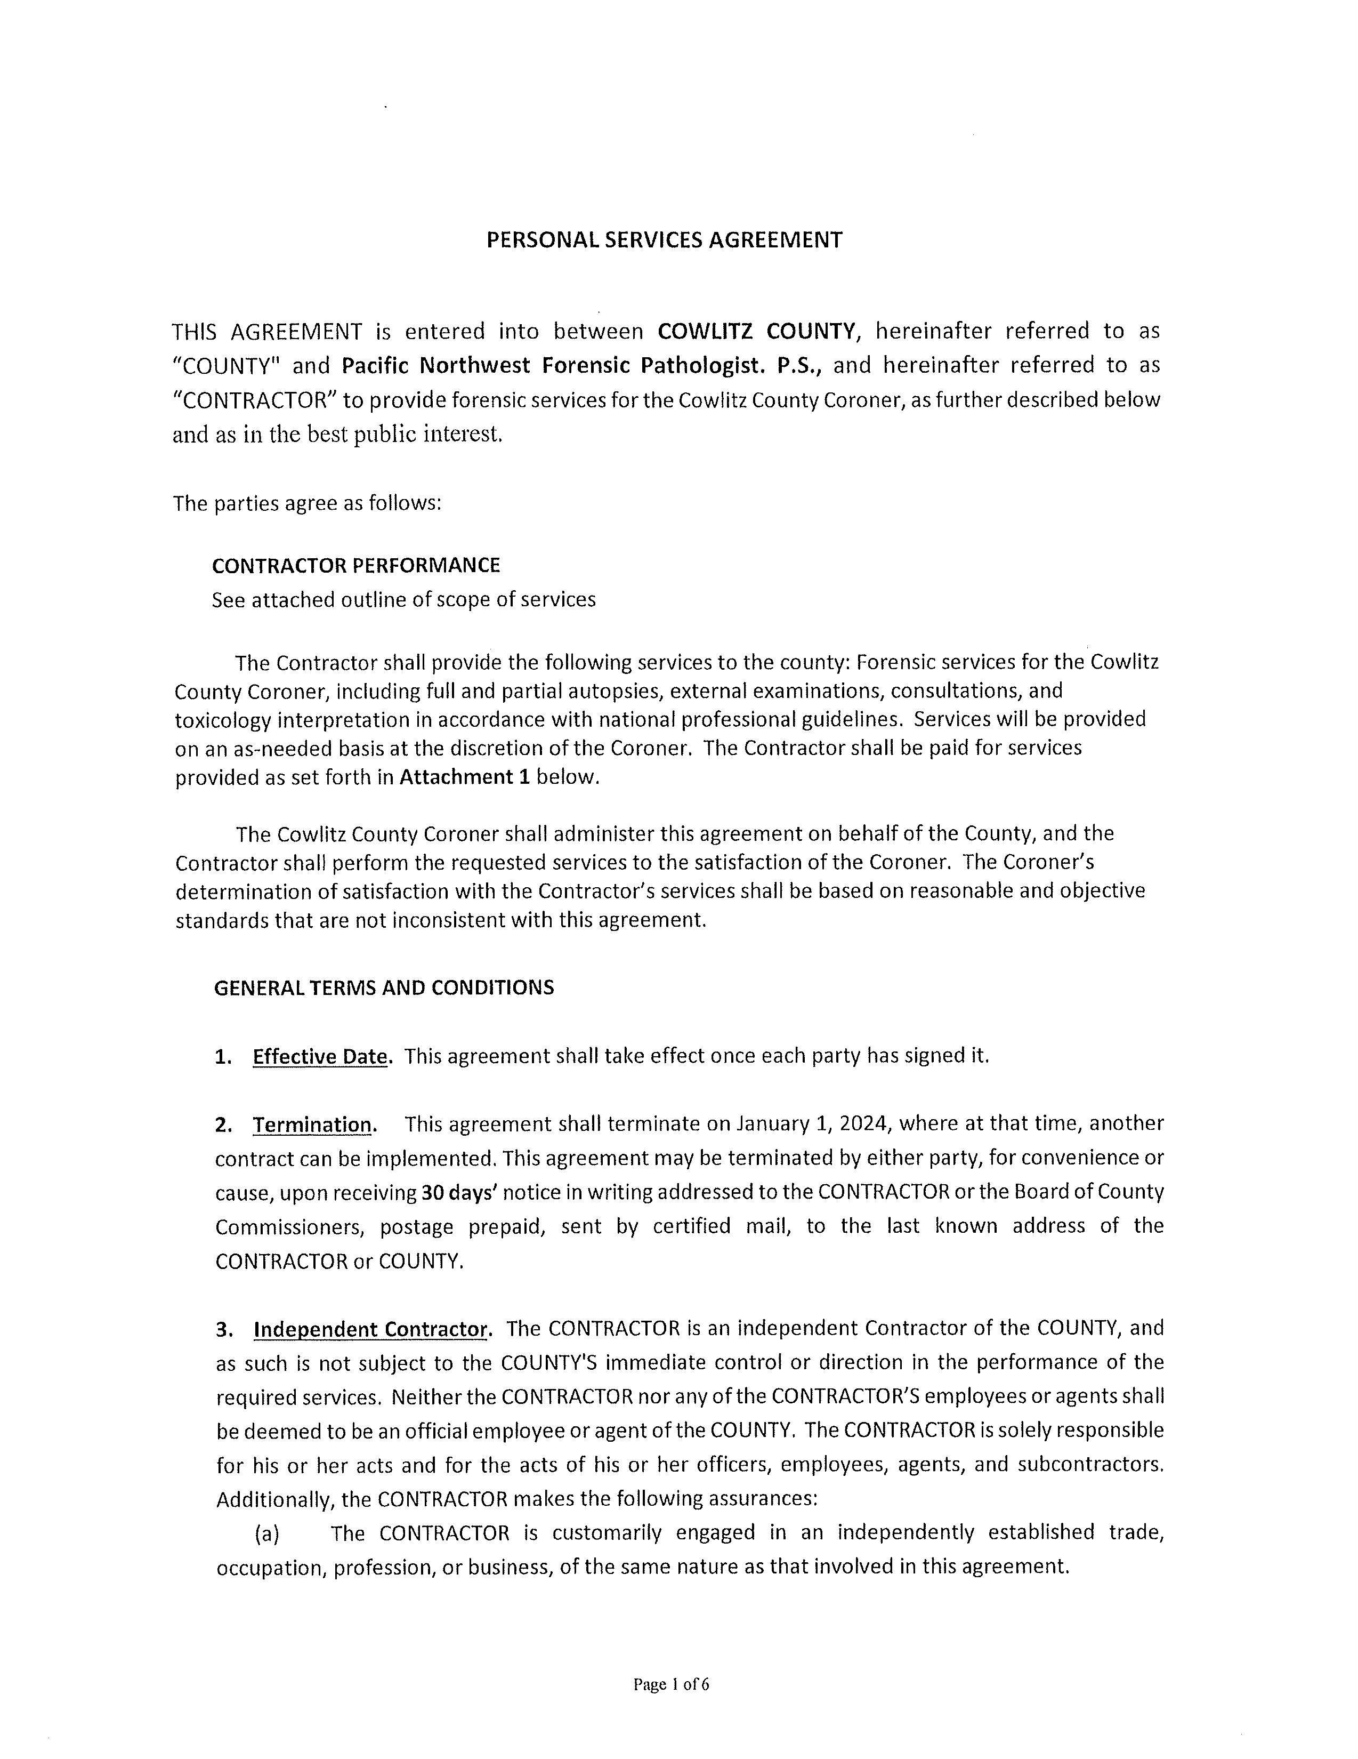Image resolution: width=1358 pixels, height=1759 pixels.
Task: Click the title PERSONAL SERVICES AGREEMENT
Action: [x=664, y=240]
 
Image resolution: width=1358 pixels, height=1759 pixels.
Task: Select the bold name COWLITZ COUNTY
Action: [x=756, y=331]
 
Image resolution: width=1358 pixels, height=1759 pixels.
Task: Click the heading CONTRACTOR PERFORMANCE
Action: [x=356, y=565]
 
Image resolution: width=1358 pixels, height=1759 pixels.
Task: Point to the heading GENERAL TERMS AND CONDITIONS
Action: [x=384, y=987]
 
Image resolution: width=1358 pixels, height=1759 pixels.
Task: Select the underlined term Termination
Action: [x=313, y=1125]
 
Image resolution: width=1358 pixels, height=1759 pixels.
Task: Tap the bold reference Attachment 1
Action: [x=464, y=777]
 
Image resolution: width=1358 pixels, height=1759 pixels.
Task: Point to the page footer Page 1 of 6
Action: [x=672, y=1684]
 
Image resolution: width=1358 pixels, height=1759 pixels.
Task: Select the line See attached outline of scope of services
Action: [x=403, y=600]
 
